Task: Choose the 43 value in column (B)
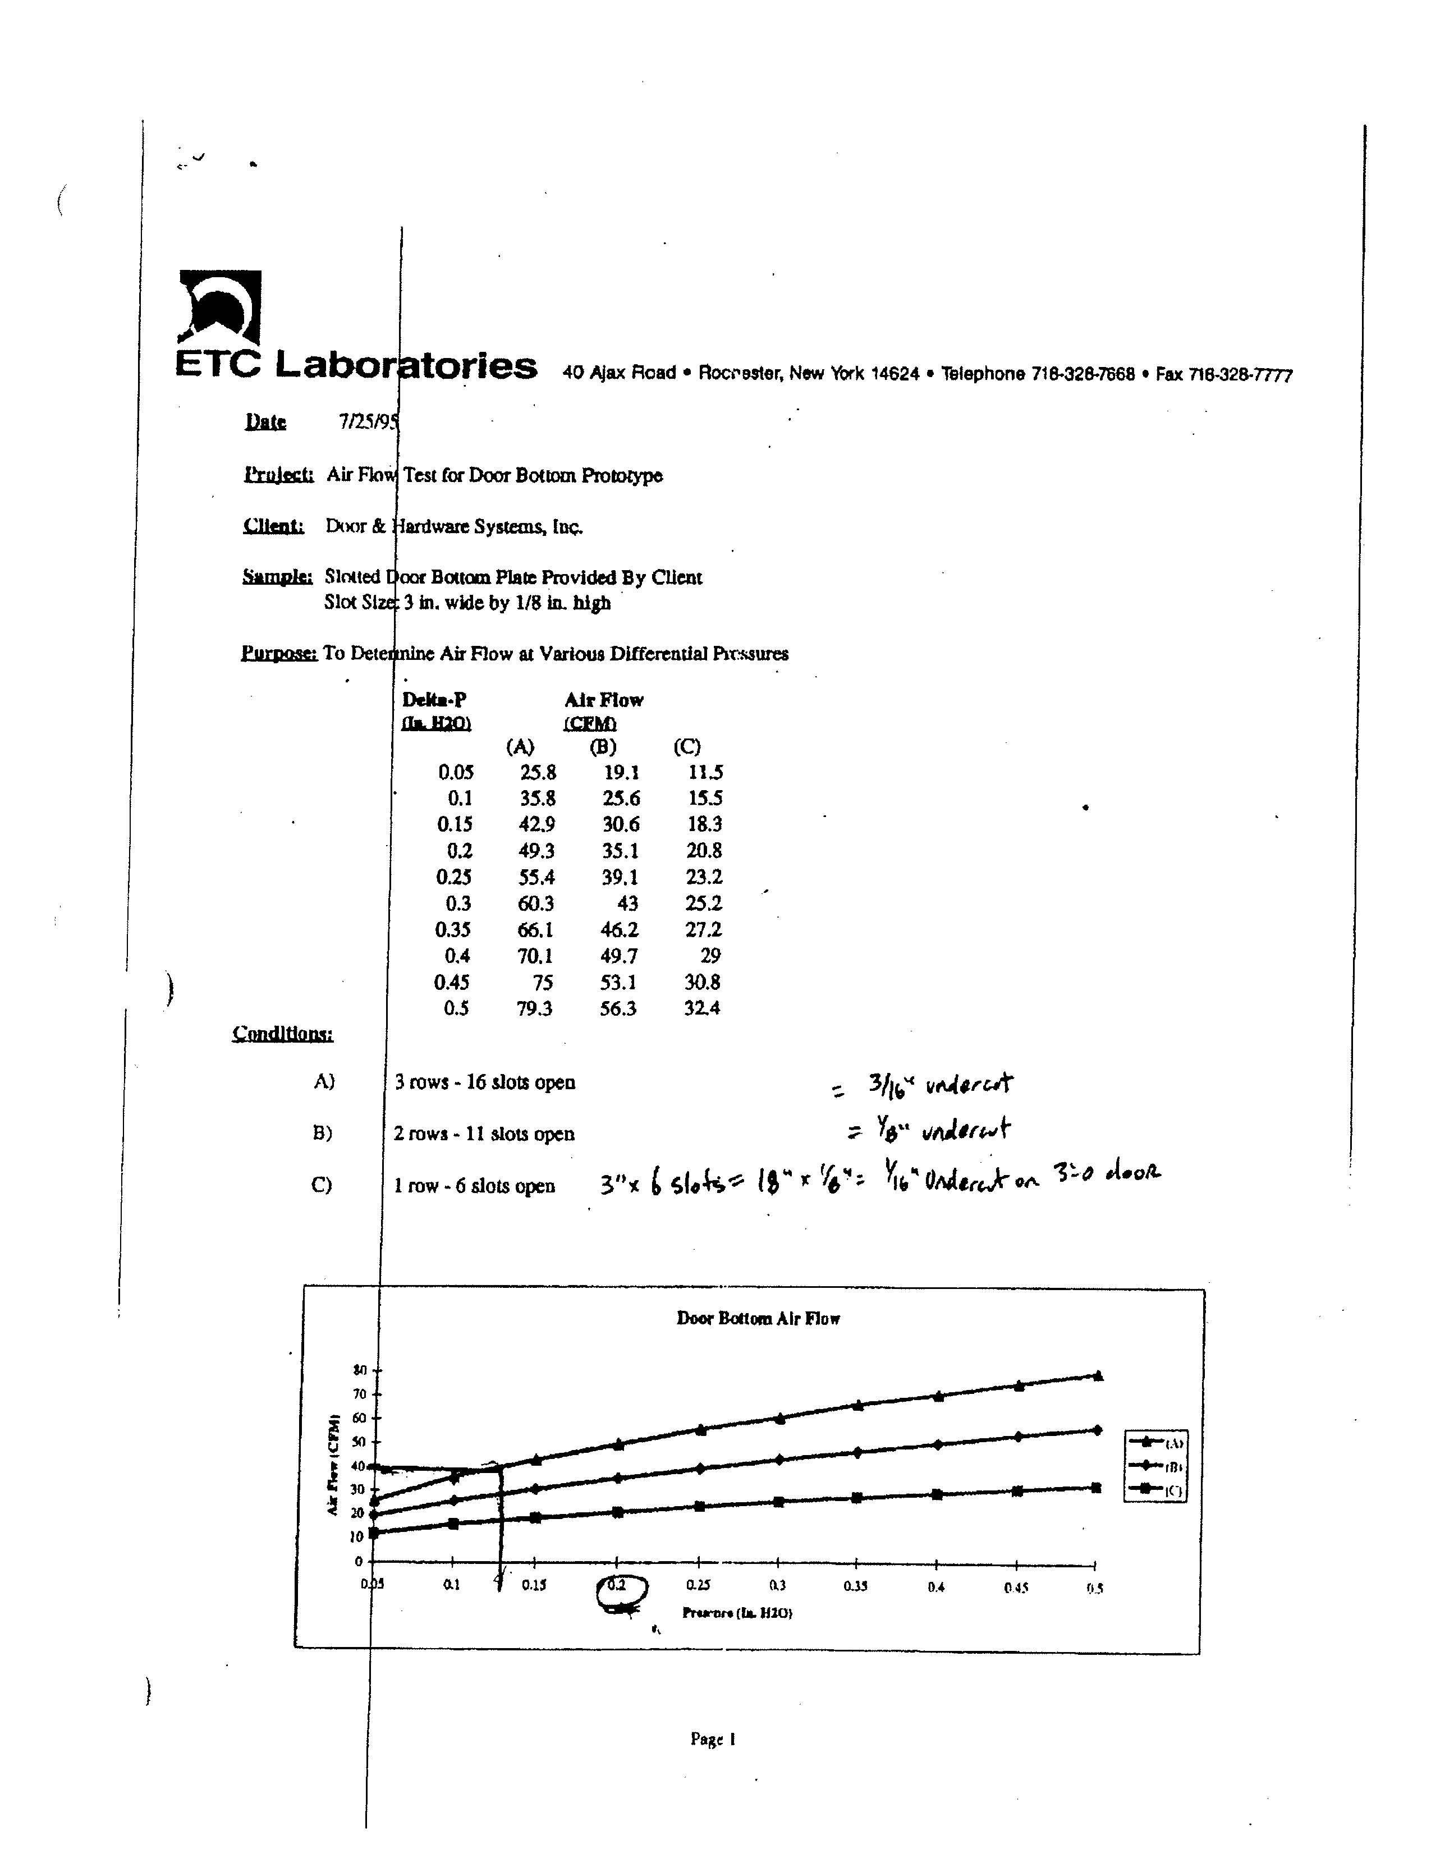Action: pyautogui.click(x=627, y=903)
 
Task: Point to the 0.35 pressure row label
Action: pyautogui.click(x=453, y=930)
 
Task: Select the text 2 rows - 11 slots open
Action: pyautogui.click(x=484, y=1134)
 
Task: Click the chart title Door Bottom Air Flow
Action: pyautogui.click(x=758, y=1318)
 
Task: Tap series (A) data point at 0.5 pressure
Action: pyautogui.click(x=1098, y=1376)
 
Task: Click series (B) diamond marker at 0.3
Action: pyautogui.click(x=779, y=1460)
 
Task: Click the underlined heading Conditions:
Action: pyautogui.click(x=283, y=1034)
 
